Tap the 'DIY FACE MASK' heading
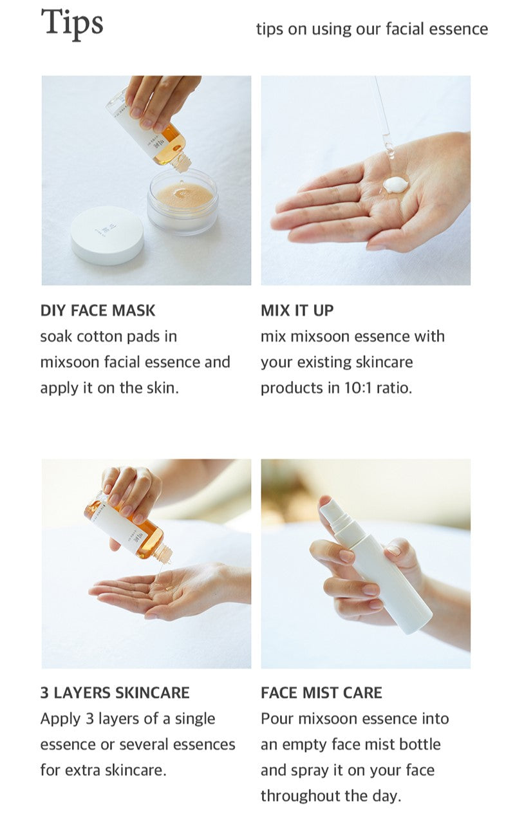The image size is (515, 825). point(98,310)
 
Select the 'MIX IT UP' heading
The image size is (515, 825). point(297,310)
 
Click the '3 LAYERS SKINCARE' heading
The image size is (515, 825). point(115,693)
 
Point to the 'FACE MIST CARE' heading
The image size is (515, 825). point(321,693)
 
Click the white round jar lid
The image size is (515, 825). point(108,235)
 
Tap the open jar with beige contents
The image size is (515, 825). point(183,202)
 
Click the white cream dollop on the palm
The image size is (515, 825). point(396,184)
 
